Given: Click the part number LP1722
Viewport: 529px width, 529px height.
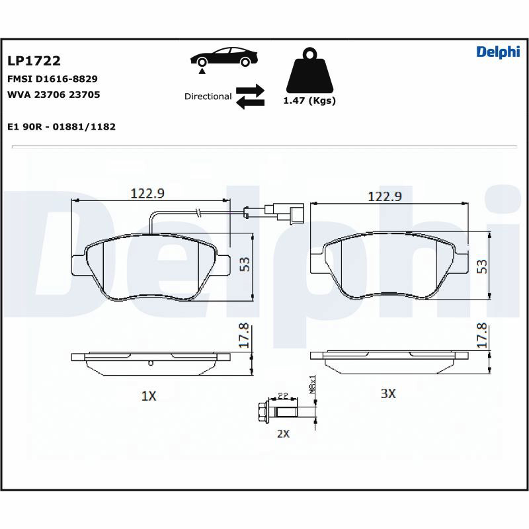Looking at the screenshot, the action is (34, 61).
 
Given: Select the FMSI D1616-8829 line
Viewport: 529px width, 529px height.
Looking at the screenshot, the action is (52, 79).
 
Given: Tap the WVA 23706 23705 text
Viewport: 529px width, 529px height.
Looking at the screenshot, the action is (54, 95).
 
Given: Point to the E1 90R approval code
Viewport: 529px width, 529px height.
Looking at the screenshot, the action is (61, 127).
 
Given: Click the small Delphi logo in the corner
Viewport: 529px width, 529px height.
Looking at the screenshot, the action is (498, 52).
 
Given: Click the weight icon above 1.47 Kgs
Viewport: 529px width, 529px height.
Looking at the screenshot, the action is (309, 70).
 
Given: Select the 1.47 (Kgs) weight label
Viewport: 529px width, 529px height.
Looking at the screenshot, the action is (309, 101).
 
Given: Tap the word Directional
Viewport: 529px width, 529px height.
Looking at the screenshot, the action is (208, 97).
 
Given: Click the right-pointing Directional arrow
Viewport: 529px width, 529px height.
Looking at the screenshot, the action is (250, 90).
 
